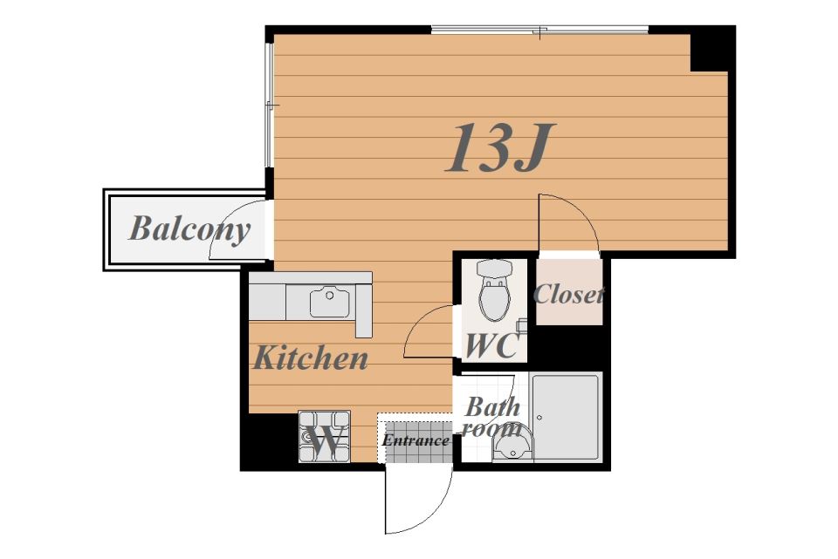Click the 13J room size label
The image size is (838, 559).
point(500,147)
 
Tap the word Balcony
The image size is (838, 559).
point(189,229)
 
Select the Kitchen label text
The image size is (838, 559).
point(311,358)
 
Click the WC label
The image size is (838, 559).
point(491,345)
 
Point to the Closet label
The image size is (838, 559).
point(568,294)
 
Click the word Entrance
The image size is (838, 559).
point(416,440)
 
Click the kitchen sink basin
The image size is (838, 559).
point(329,303)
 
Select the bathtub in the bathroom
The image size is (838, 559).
point(566,417)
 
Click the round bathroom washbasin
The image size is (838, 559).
point(512,446)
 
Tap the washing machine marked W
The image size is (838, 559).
point(325,437)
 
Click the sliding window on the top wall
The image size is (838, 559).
point(539,30)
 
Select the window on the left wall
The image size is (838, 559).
point(270,106)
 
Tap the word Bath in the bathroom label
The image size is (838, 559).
point(492,407)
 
